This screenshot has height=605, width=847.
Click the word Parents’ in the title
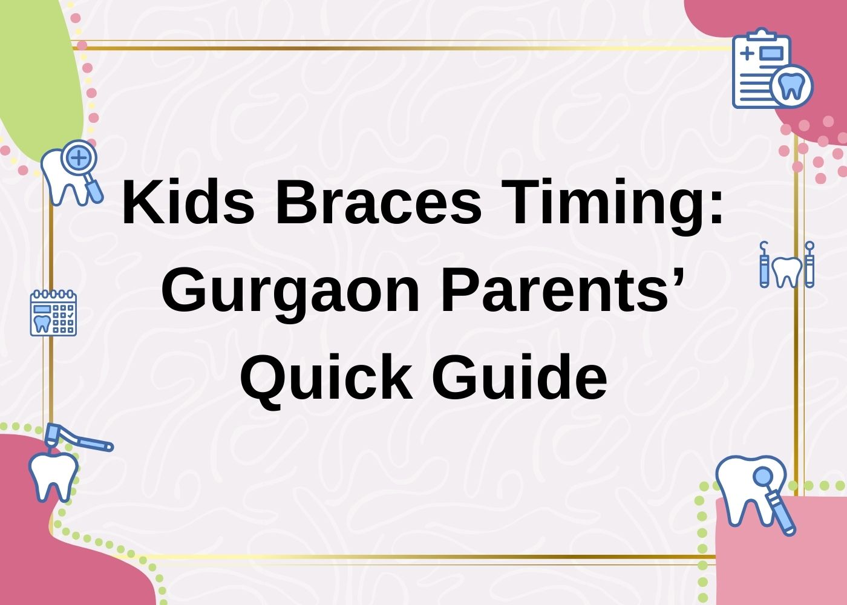[x=563, y=291]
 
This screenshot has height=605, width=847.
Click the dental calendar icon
[x=53, y=313]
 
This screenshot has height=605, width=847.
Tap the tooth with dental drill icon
[x=57, y=466]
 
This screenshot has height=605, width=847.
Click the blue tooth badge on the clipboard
[x=791, y=87]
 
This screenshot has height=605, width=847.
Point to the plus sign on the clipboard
[x=747, y=53]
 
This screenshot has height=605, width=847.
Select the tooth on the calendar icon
[x=42, y=321]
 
